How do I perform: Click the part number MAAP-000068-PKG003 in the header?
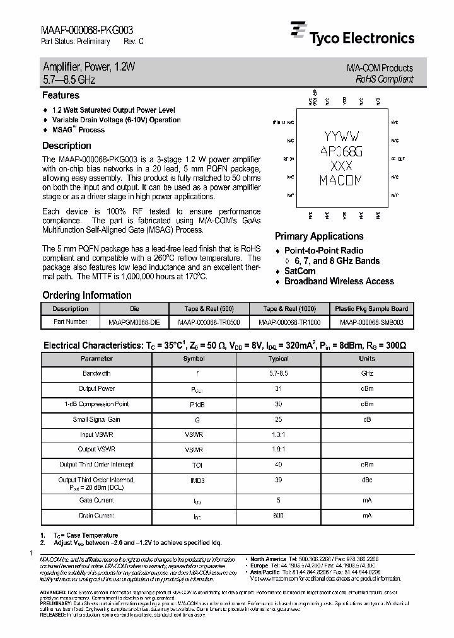point(86,29)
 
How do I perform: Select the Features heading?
point(61,96)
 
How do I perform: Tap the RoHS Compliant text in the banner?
point(384,79)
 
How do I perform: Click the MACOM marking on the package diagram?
point(341,181)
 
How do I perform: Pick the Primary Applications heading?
point(319,236)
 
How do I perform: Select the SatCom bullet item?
point(300,271)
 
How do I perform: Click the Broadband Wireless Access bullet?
point(339,281)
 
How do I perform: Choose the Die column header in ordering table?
point(134,309)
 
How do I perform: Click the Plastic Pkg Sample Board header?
point(371,309)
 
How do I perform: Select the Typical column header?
point(279,359)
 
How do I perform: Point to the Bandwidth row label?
point(96,374)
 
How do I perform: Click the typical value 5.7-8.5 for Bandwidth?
point(279,374)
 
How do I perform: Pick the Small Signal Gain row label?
point(96,419)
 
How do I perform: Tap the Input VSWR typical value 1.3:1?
point(279,434)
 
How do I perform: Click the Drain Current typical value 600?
point(279,516)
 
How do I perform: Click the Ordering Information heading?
point(86,295)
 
